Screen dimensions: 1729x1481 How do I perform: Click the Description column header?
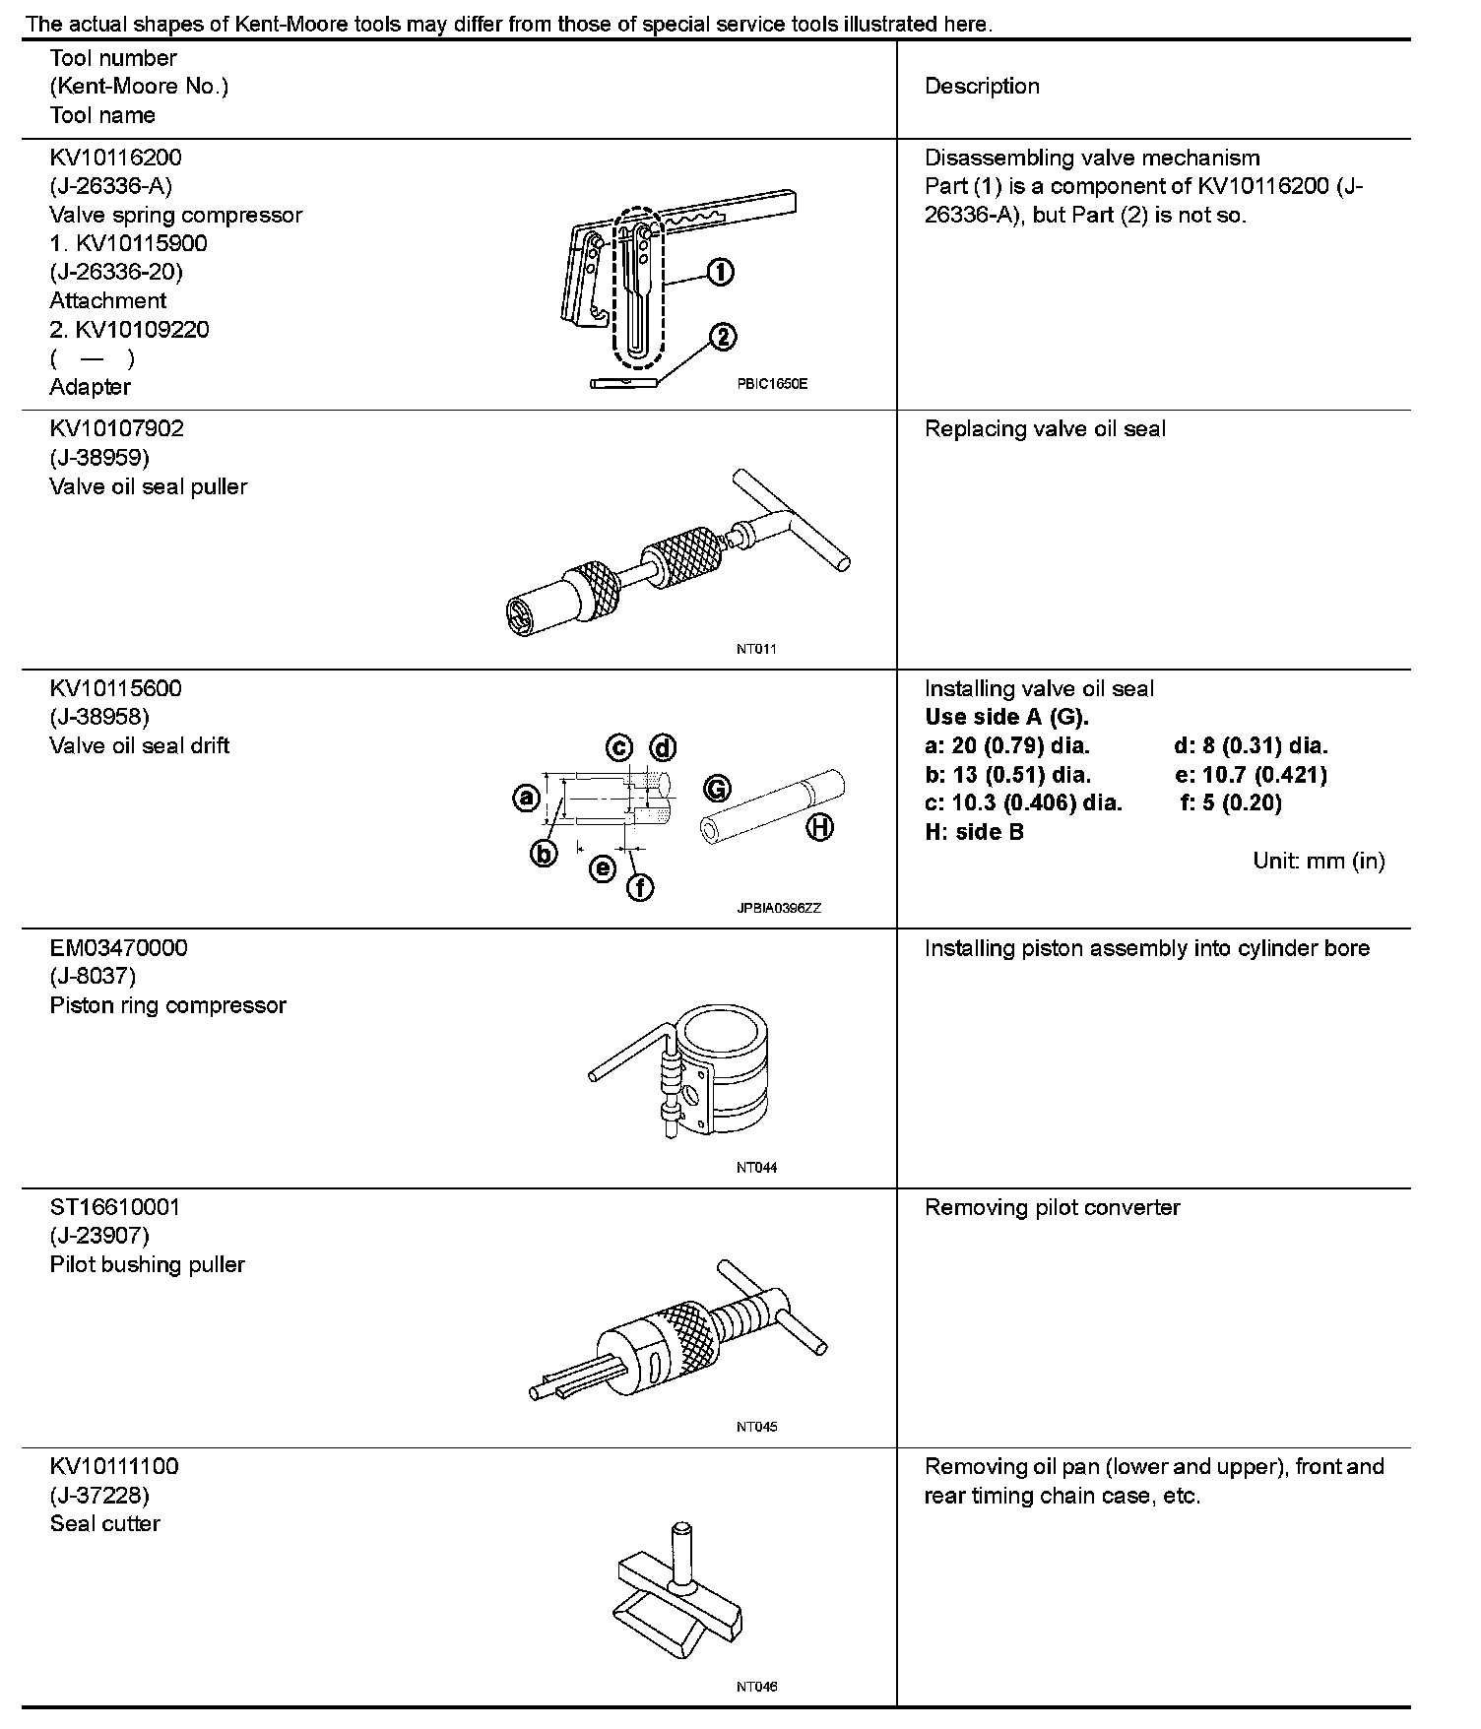pos(982,87)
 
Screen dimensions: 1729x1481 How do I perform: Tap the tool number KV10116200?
pos(116,158)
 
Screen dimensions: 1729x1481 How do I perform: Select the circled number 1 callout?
pos(721,272)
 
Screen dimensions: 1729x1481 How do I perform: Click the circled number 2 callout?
pos(722,338)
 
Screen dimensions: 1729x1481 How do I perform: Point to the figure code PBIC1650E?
pos(771,384)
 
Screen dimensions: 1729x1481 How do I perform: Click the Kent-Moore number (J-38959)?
pos(99,458)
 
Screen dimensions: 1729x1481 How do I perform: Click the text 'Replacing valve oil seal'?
pos(1045,429)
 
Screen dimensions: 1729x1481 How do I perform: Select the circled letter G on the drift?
pos(717,788)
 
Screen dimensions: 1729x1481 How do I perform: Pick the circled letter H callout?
pos(820,827)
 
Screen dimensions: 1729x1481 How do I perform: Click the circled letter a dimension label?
pos(527,797)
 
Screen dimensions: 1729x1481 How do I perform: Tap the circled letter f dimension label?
pos(640,887)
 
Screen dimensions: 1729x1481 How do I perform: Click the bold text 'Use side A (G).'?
pos(1006,718)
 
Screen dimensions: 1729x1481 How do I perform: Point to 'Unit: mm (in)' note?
pos(1319,861)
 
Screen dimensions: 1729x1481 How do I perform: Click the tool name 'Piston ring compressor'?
pos(167,1005)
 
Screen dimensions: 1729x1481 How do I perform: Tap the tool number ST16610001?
pos(115,1207)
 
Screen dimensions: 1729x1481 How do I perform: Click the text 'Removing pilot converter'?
pos(1052,1208)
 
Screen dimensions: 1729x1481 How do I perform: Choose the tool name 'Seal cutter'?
pos(104,1523)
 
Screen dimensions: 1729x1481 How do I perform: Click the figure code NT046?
pos(756,1687)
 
